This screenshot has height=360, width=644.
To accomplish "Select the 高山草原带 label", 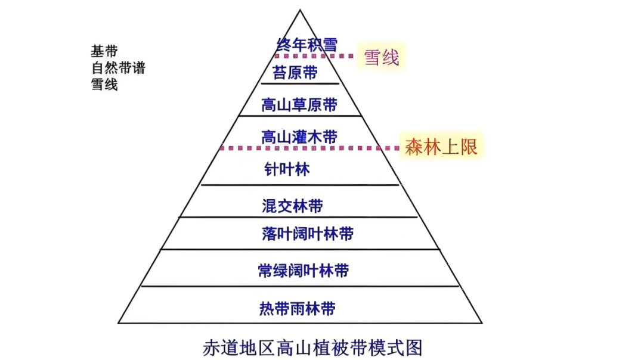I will [x=299, y=106].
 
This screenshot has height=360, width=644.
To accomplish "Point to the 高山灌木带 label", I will [x=299, y=137].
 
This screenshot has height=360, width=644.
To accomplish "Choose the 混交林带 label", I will [x=292, y=206].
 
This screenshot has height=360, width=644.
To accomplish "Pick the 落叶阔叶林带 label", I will [x=307, y=234].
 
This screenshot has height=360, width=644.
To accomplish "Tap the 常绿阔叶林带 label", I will [x=303, y=271].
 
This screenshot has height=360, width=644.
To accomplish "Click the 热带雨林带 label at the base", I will [x=297, y=309].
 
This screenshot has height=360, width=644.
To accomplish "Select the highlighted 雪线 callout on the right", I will [x=381, y=58].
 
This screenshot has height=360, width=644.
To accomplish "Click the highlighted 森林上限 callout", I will [x=442, y=146].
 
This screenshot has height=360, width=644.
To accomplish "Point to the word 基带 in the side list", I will [x=104, y=51].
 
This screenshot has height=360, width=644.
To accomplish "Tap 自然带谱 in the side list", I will [x=118, y=67].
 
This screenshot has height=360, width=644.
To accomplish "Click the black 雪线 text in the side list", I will [x=104, y=84].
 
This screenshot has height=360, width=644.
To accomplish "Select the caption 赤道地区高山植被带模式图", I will [x=312, y=346].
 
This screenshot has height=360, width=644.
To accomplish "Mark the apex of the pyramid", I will [x=299, y=10].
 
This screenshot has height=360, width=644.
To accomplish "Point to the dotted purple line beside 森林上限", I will [x=310, y=148].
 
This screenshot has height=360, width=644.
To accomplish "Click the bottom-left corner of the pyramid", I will [x=118, y=323].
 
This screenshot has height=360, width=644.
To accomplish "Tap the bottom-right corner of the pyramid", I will [x=482, y=323].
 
